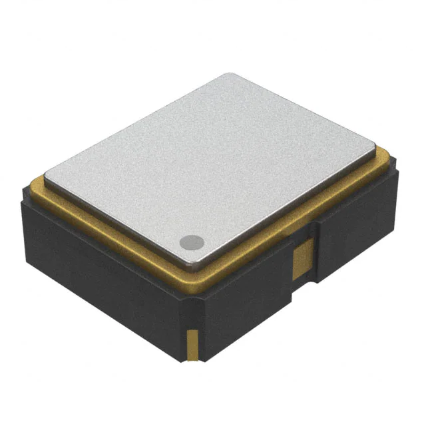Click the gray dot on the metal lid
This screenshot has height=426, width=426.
(192, 242)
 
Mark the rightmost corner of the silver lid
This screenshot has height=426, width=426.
(374, 148)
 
